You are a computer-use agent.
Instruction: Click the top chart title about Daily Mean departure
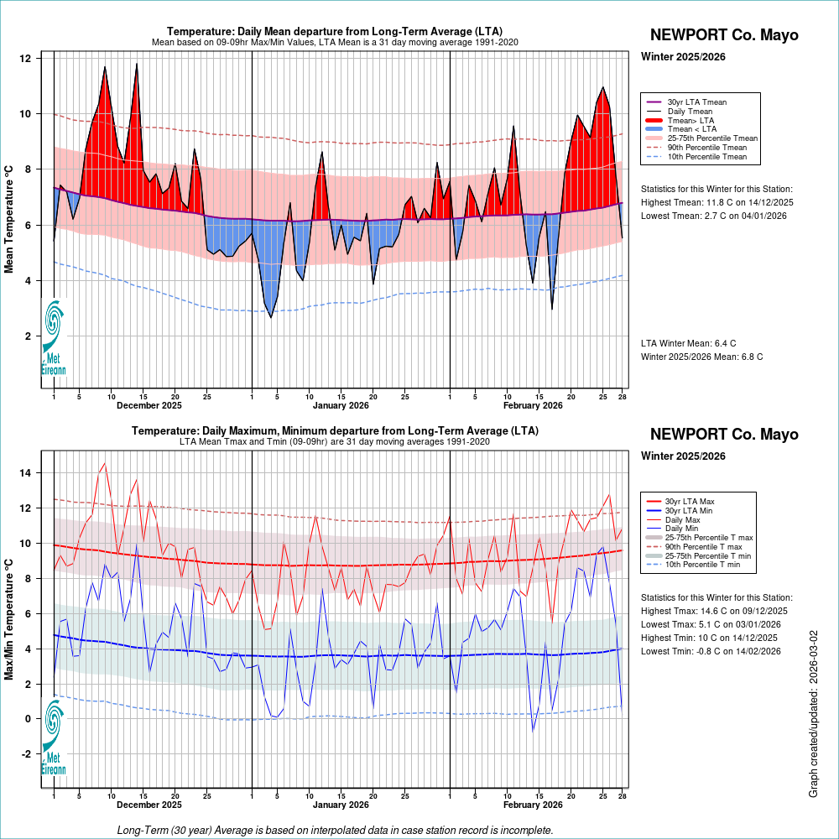coord(335,31)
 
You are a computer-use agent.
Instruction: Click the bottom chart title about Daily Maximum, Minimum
coord(335,430)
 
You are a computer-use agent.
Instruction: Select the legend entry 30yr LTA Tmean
coord(696,102)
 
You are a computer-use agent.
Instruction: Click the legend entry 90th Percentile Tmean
coord(706,147)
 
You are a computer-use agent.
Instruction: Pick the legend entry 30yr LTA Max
coord(690,501)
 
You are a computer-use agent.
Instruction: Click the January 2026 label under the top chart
coord(341,406)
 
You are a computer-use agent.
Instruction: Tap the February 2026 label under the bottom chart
coord(533,805)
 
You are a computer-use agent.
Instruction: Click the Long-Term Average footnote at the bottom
coord(335,830)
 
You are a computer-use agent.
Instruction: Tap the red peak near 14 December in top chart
coord(136,65)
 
